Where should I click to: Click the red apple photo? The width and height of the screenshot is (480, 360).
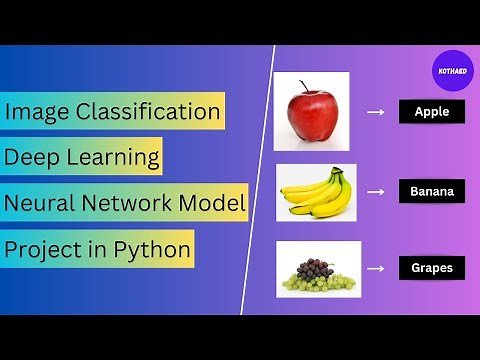tap(311, 116)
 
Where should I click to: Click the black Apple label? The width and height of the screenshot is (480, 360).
tap(432, 112)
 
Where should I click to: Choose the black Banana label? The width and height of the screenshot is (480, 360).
tap(432, 190)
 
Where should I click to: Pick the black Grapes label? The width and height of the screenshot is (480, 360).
tap(432, 268)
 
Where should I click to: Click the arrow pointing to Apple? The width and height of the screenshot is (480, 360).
tap(376, 112)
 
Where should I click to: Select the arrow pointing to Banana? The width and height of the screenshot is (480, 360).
tap(376, 190)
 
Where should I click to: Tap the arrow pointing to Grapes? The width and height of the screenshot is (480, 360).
tap(376, 268)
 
